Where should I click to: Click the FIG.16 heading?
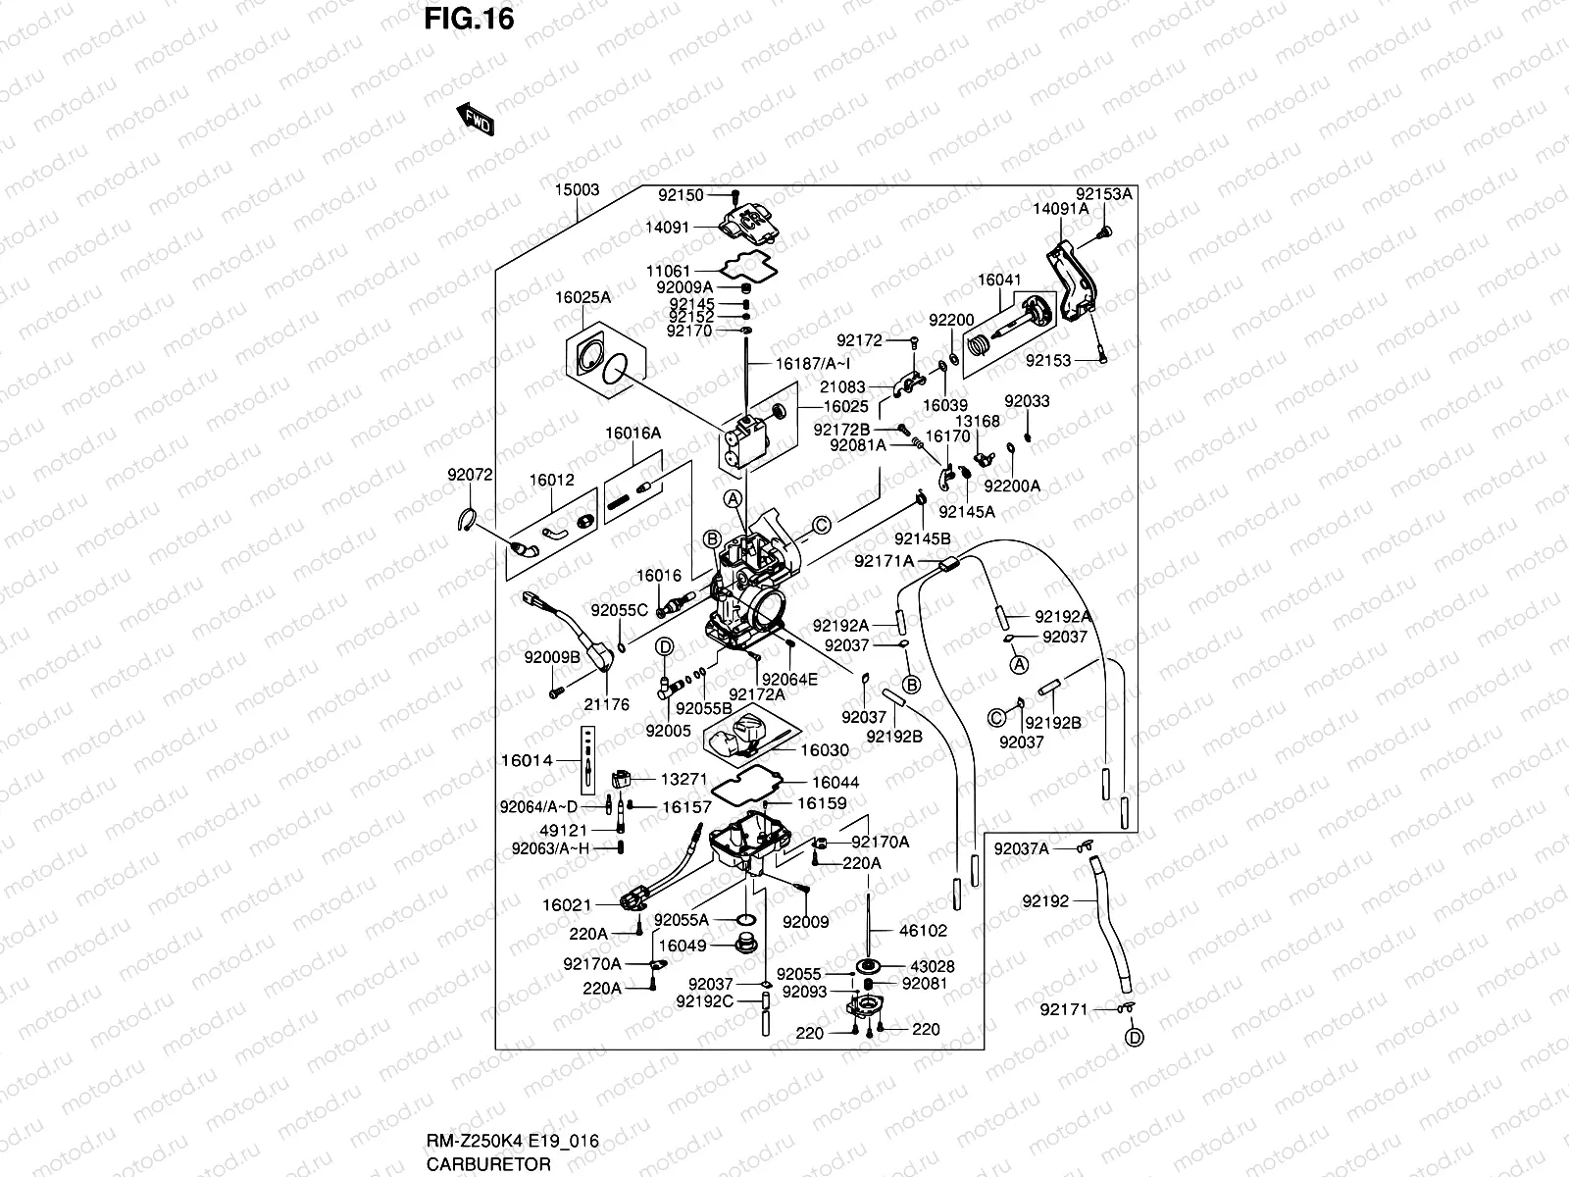(469, 20)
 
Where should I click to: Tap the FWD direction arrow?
(475, 119)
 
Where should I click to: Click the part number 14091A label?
(1060, 209)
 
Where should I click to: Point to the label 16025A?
(582, 297)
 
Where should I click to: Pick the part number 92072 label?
(470, 475)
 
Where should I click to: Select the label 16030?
(825, 750)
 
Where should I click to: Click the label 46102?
(923, 930)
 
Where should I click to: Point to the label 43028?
(932, 966)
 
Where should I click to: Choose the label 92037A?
(1021, 848)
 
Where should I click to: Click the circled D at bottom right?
(1134, 1037)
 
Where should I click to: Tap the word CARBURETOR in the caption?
(488, 1164)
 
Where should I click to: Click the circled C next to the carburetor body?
(822, 525)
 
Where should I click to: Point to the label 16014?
(527, 760)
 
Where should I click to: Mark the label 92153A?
(1103, 194)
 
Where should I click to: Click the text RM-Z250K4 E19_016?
(512, 1141)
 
